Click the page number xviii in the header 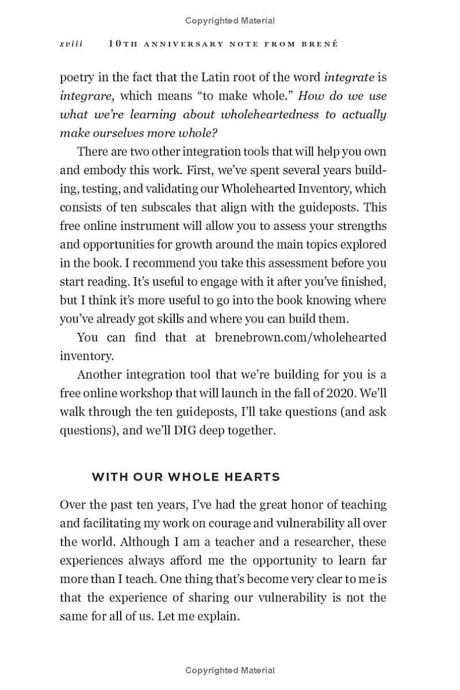tap(71, 44)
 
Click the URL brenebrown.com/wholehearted tap(300, 338)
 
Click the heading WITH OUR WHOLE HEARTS tap(186, 477)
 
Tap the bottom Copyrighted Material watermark tap(230, 670)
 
